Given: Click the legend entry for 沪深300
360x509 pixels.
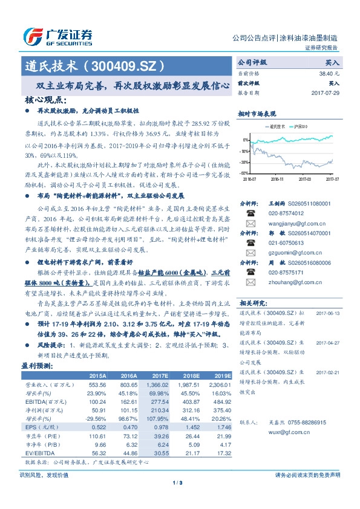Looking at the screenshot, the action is [299, 127].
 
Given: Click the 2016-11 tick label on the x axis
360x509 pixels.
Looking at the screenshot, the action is [277, 180].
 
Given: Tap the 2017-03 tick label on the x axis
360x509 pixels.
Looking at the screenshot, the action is [305, 180].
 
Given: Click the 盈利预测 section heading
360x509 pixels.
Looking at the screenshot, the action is [36, 365].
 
